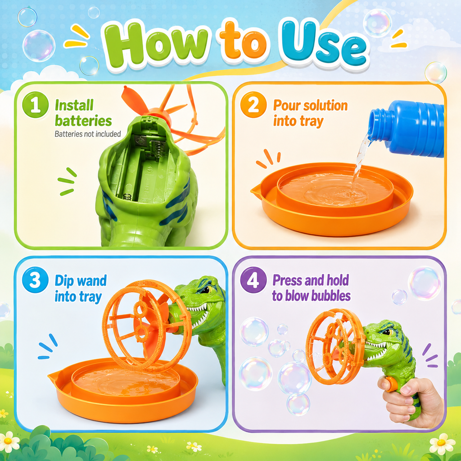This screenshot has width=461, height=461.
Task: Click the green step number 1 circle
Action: click(x=35, y=104)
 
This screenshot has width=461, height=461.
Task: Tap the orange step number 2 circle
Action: click(x=253, y=104)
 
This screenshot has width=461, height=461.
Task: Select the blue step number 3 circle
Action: click(x=35, y=280)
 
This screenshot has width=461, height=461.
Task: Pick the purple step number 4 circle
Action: click(x=253, y=280)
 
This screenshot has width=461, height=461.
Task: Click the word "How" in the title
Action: click(x=156, y=44)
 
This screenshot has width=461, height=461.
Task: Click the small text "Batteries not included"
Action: click(x=88, y=134)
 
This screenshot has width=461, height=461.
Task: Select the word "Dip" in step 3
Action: click(x=64, y=281)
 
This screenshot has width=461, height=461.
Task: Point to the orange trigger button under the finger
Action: click(x=390, y=384)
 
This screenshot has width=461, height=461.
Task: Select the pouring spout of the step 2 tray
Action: click(x=255, y=190)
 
